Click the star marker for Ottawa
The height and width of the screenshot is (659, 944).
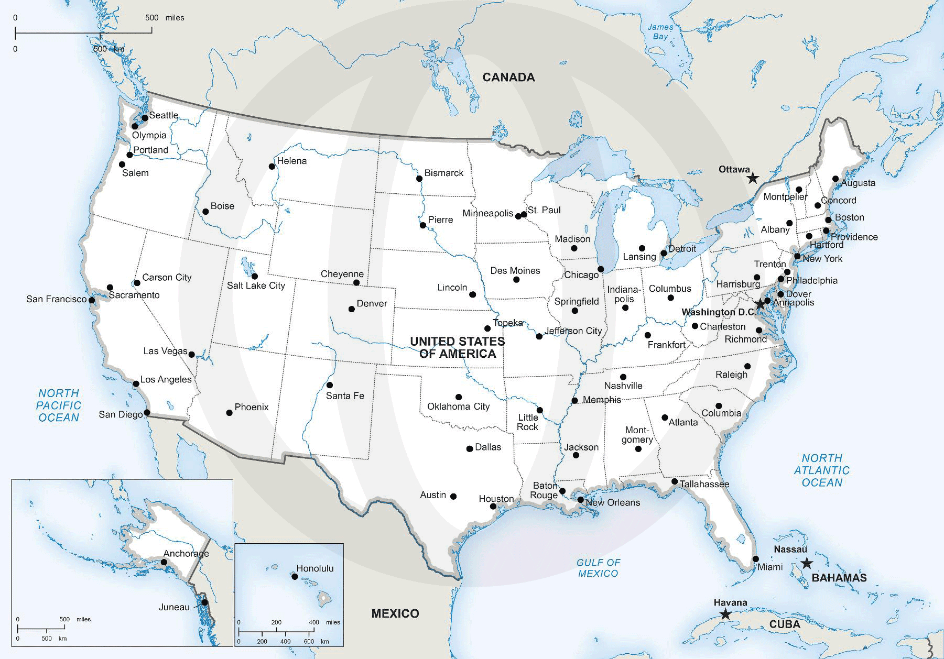(x=753, y=178)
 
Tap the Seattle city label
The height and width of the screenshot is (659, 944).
(x=164, y=115)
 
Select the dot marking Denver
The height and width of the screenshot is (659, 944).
(x=352, y=309)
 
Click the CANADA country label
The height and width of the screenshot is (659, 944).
(x=508, y=78)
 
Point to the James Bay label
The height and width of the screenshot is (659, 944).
(x=660, y=32)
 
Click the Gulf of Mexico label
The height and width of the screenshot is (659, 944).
(x=598, y=568)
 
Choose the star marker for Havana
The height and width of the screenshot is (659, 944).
(x=725, y=614)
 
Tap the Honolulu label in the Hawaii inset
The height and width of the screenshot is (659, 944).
(x=314, y=568)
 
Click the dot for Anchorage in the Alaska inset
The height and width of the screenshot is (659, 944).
(x=164, y=562)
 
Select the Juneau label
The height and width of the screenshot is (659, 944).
(x=174, y=607)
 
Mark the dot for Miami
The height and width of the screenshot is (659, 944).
(x=756, y=559)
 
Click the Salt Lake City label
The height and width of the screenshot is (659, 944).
(x=256, y=285)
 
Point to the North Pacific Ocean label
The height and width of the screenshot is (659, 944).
(x=59, y=405)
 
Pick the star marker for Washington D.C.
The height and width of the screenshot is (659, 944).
(x=760, y=304)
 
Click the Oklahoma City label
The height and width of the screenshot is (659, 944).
(x=458, y=407)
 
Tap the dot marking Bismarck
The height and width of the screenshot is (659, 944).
(x=419, y=179)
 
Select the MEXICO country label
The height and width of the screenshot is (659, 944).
(x=395, y=613)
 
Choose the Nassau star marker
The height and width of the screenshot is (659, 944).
(x=807, y=564)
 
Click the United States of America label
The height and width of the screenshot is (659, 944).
(x=457, y=347)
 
